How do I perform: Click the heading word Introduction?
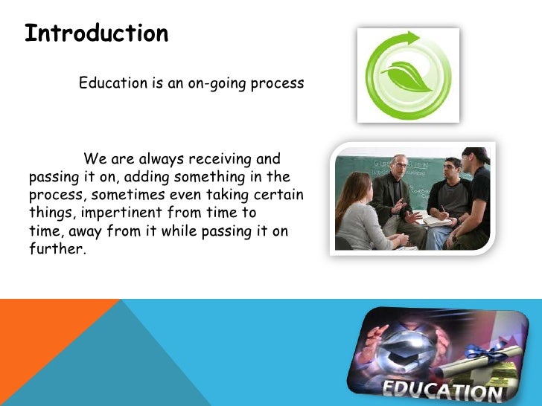(96, 34)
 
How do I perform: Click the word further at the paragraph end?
(57, 249)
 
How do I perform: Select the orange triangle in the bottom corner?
(45, 342)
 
